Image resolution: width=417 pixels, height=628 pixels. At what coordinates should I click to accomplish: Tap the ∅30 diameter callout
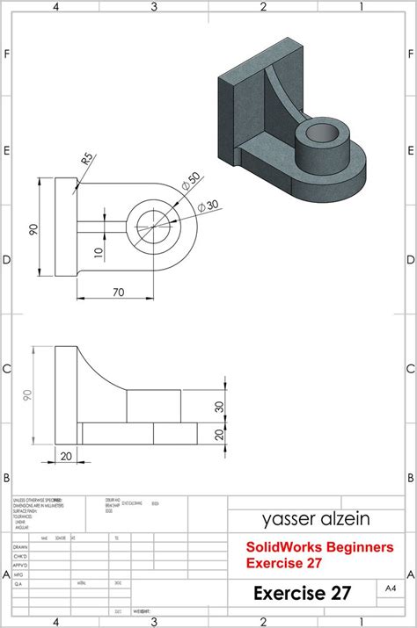tap(208, 206)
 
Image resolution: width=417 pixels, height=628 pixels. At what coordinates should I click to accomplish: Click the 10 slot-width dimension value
tap(99, 254)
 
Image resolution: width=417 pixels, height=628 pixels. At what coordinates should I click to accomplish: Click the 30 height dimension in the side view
tap(220, 406)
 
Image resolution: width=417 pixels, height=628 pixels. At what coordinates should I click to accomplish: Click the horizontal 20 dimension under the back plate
tap(67, 456)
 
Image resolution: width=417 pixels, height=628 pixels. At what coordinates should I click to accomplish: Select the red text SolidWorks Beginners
tap(319, 547)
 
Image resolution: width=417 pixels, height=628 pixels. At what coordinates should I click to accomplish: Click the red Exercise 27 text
tap(283, 562)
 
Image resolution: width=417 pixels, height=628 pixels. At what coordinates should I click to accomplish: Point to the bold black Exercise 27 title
tap(302, 593)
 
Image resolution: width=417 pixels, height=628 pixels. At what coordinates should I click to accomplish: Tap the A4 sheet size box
tap(391, 587)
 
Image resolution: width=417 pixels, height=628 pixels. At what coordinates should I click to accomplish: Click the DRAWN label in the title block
tap(20, 546)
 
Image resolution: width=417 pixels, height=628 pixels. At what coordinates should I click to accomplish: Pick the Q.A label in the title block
tap(18, 581)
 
